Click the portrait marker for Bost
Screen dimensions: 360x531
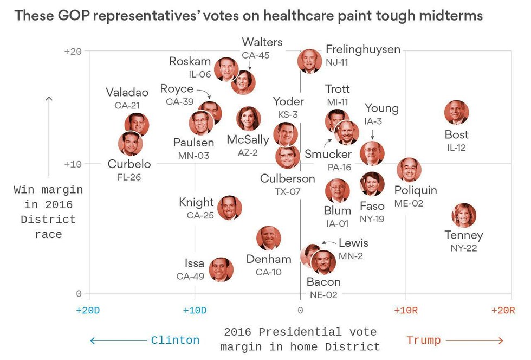[x=456, y=112]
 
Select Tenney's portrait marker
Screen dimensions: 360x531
[x=464, y=215]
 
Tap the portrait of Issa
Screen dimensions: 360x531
[x=221, y=269]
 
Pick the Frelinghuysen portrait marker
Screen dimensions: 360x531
[x=309, y=61]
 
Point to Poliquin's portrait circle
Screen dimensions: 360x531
[x=409, y=170]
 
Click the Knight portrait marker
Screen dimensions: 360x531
[x=230, y=208]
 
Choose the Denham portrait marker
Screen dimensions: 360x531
[x=269, y=238]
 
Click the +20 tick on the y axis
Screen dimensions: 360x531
[x=73, y=52]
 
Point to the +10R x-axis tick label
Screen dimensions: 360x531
[x=405, y=310]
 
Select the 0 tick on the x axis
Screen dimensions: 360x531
[x=300, y=310]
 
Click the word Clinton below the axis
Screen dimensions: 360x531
[x=175, y=340]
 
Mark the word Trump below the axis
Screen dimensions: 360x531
[x=423, y=340]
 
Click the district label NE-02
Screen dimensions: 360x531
[x=323, y=295]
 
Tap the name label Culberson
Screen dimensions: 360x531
[x=287, y=178]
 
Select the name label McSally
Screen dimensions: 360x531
[x=248, y=140]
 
